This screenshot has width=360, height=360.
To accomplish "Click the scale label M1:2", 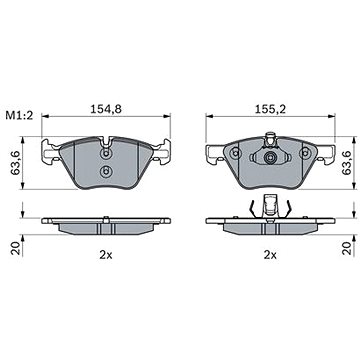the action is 19,116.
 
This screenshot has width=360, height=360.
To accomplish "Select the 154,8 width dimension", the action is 106,109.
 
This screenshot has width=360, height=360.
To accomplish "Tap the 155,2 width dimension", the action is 270,109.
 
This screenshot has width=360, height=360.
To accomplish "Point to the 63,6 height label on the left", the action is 15,163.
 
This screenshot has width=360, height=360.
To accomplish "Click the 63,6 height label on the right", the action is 348,163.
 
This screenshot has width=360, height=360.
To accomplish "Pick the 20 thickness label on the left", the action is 15,249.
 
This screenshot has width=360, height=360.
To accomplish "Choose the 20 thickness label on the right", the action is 348,249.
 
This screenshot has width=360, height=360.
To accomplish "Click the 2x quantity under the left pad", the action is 106,255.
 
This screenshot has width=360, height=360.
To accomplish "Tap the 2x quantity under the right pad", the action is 270,255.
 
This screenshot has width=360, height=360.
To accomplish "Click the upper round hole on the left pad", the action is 106,154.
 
